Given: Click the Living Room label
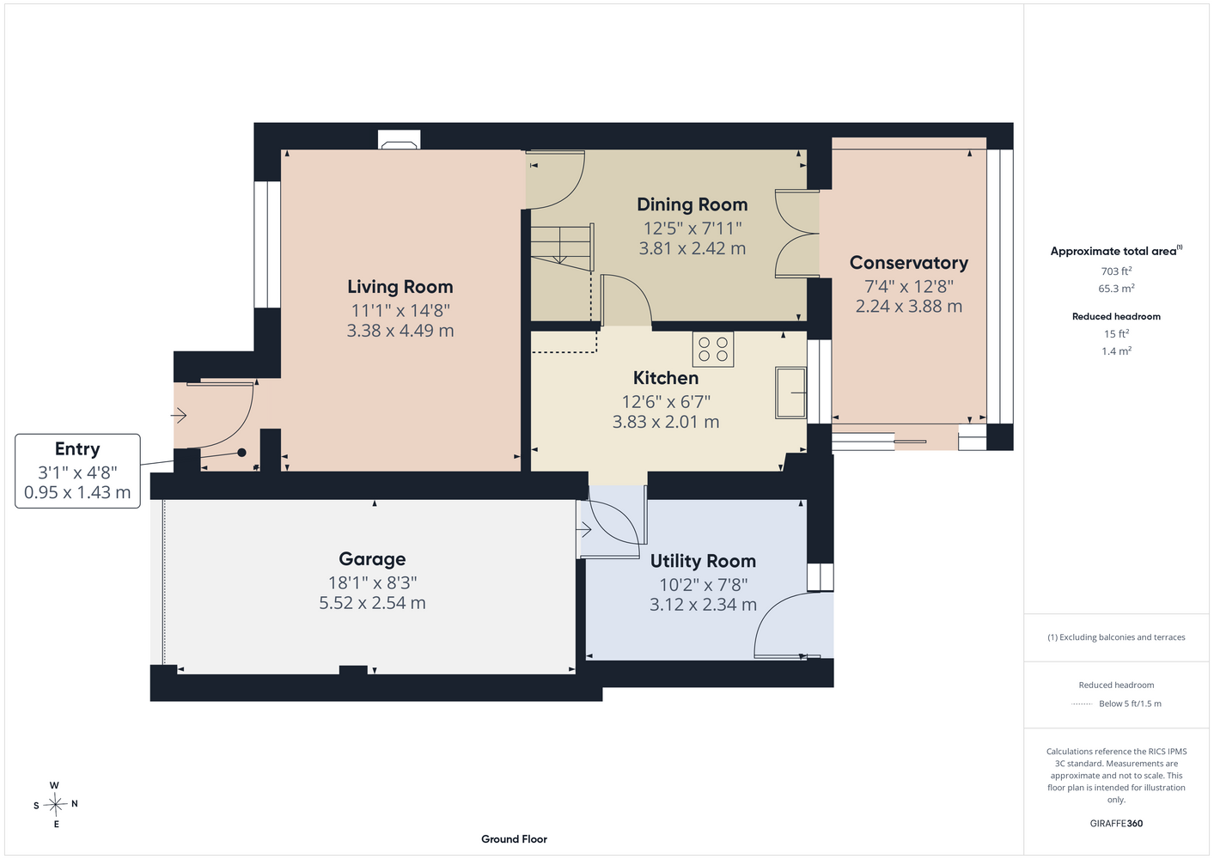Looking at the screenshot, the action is pos(400,287).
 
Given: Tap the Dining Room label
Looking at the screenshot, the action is pos(692,204).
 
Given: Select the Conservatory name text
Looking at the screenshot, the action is pos(909,263).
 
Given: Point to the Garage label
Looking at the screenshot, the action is pos(372,558).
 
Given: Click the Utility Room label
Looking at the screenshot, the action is pos(703,561).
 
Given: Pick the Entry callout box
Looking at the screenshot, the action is pos(77,471).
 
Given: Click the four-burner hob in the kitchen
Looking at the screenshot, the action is pos(713,350).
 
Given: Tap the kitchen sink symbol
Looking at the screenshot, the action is pos(790,393).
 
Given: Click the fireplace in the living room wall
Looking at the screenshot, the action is pos(399,140).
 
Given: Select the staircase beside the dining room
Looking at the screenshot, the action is pos(562,247).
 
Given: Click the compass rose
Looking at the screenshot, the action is pos(55,804).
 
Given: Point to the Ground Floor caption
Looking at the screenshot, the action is pos(515,839).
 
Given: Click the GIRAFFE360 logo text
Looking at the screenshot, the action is pos(1116,823).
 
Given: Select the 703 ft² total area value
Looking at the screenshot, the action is pos(1116,271).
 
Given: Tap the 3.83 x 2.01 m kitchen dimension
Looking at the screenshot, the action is pos(666,422).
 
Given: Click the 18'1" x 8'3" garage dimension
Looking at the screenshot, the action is pos(372,582).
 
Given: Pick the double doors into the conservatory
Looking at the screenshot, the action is pos(797,234).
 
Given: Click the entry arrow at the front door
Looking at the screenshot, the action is pos(179,416).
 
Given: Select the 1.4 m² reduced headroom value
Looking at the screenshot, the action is pos(1116,350).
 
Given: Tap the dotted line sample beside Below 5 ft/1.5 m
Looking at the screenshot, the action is pos(1082,704).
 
